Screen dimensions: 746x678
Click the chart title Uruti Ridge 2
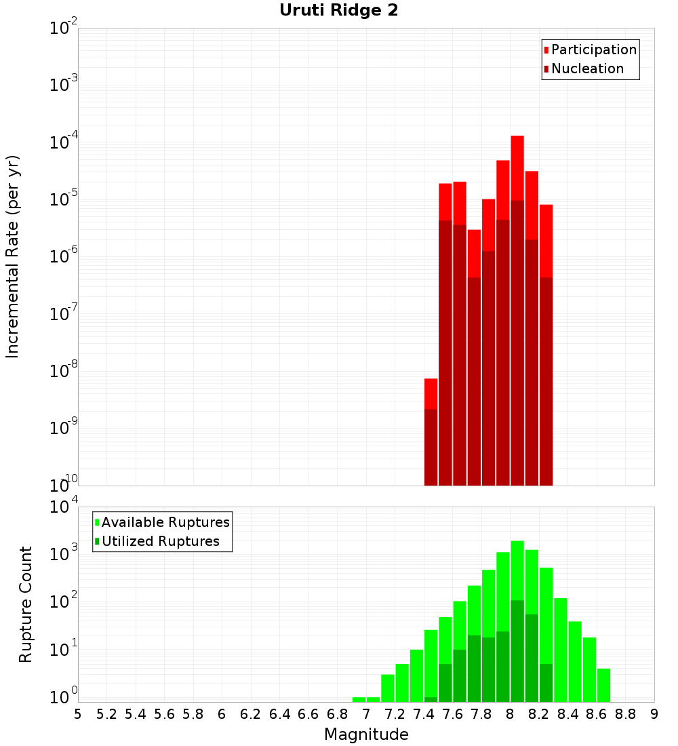[x=338, y=11]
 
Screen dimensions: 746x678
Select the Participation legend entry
[x=593, y=50]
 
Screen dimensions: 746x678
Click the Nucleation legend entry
[x=586, y=68]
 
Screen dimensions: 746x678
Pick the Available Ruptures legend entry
[x=165, y=522]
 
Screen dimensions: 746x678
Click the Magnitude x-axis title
[x=366, y=734]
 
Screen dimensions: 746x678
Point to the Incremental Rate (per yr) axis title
[x=13, y=257]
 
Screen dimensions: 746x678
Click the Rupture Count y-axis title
[x=26, y=604]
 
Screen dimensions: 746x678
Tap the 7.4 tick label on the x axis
[x=424, y=714]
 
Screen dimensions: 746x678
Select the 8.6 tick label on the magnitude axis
[x=597, y=714]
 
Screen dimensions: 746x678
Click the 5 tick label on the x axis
[x=78, y=714]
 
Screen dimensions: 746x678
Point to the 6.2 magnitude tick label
[x=251, y=714]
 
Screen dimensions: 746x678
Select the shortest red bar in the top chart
[x=431, y=393]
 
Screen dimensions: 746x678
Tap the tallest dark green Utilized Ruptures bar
[x=517, y=651]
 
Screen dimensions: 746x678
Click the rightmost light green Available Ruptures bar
[x=603, y=685]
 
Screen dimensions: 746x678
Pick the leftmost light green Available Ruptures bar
[x=359, y=699]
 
